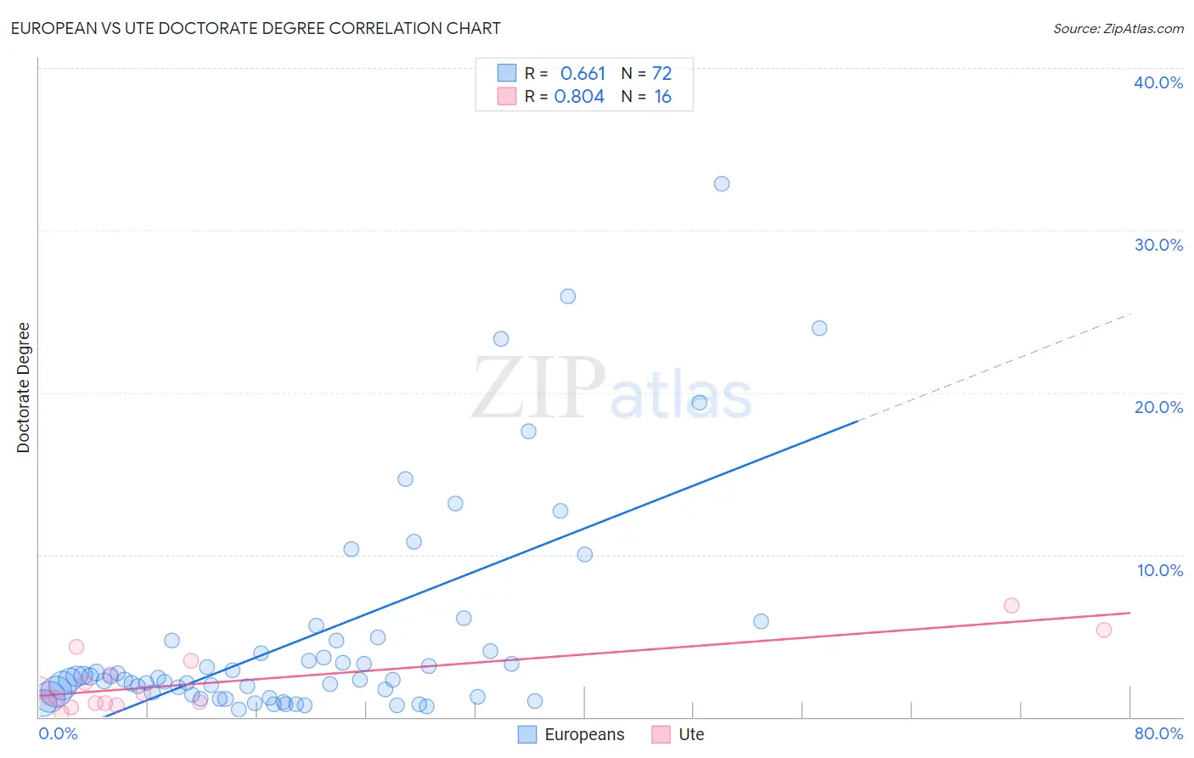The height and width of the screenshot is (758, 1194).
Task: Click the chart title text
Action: [256, 28]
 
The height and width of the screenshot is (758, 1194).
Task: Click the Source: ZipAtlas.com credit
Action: [1118, 28]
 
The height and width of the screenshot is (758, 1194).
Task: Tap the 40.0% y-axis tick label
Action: [1157, 82]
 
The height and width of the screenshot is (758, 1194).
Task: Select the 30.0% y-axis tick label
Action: [1157, 245]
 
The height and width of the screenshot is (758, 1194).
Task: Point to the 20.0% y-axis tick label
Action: [1157, 407]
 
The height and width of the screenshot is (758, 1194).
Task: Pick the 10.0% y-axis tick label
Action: [1159, 570]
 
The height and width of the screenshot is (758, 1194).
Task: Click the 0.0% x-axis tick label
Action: [58, 733]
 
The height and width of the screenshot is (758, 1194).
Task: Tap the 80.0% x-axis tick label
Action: [1158, 733]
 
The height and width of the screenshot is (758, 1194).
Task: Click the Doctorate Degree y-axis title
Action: [23, 387]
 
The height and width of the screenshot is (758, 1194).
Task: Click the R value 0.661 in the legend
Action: [583, 74]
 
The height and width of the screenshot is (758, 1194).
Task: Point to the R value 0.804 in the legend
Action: [579, 97]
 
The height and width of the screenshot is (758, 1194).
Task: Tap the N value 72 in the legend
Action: [662, 74]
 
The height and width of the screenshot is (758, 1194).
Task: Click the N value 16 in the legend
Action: [662, 97]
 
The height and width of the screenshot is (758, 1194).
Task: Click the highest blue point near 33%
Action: [722, 184]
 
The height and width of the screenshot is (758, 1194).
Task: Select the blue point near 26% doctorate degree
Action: [568, 297]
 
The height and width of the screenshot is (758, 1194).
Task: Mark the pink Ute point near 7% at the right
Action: [1011, 606]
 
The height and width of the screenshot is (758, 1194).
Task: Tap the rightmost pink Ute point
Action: [1104, 630]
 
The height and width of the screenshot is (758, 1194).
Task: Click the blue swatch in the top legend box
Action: [507, 73]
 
